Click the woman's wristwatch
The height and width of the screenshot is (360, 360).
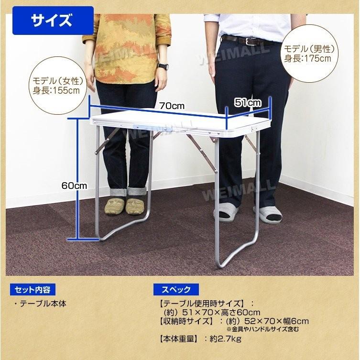point(163,67)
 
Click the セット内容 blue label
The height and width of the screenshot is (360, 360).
point(32,290)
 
